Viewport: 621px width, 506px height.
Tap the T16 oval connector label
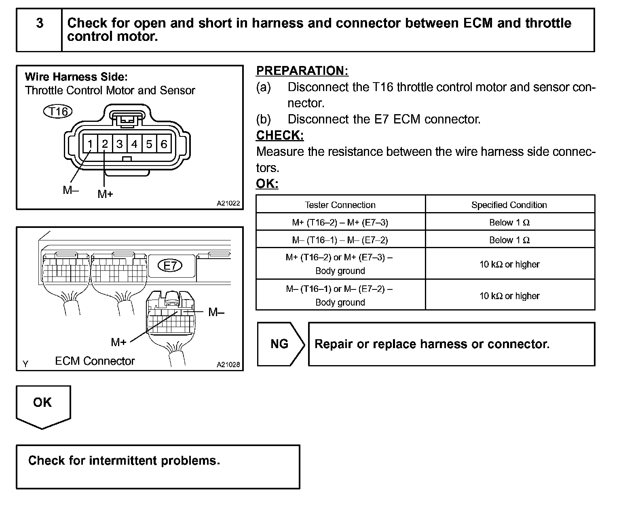pos(57,111)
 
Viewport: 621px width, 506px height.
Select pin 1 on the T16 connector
pos(90,144)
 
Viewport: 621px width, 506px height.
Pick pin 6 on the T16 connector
pos(164,144)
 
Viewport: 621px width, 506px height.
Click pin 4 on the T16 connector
pos(134,144)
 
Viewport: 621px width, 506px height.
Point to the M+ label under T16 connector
pos(105,194)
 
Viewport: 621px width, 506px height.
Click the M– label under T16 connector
pos(71,190)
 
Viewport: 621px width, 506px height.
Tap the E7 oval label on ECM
pos(170,266)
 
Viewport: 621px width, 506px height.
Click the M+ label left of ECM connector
pos(119,342)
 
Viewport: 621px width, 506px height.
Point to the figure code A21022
pos(228,204)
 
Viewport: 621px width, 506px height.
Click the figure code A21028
pos(228,365)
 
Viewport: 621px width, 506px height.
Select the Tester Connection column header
pos(340,205)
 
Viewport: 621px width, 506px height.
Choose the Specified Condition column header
pos(509,205)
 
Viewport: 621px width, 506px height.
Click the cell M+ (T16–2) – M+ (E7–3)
pos(340,222)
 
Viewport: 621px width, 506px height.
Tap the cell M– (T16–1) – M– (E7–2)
pos(340,240)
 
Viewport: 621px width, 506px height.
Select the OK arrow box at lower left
pos(43,405)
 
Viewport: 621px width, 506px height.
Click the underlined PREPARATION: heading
pos(302,71)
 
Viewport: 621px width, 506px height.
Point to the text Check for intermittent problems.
pos(124,461)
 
